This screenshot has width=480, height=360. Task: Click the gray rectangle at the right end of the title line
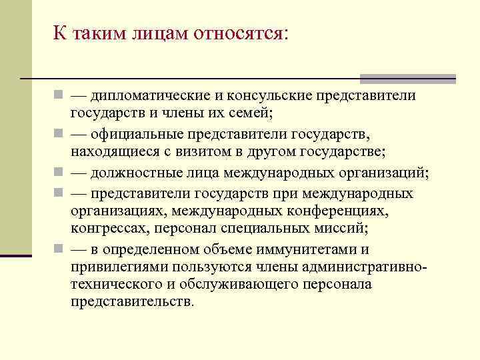point(407,78)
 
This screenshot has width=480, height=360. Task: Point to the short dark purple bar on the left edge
point(16,255)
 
